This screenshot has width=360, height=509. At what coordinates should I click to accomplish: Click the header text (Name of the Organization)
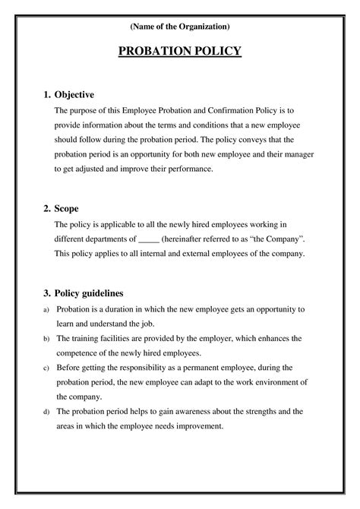(180, 27)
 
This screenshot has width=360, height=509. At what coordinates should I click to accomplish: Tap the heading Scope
(67, 208)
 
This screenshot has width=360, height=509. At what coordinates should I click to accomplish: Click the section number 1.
(47, 95)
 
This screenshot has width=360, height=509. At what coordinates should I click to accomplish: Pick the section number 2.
(47, 208)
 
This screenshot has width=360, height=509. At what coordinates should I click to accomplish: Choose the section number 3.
(47, 292)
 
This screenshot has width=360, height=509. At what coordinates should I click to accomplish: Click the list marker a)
(46, 310)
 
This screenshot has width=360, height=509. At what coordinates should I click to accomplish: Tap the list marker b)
(46, 338)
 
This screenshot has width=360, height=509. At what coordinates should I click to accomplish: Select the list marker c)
(46, 368)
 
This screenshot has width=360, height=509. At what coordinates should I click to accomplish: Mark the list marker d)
(46, 412)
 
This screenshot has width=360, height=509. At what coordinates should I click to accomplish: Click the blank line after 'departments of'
(150, 239)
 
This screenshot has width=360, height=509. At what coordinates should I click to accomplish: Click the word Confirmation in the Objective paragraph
(227, 110)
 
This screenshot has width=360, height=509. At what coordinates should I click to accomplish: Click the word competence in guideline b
(78, 353)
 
